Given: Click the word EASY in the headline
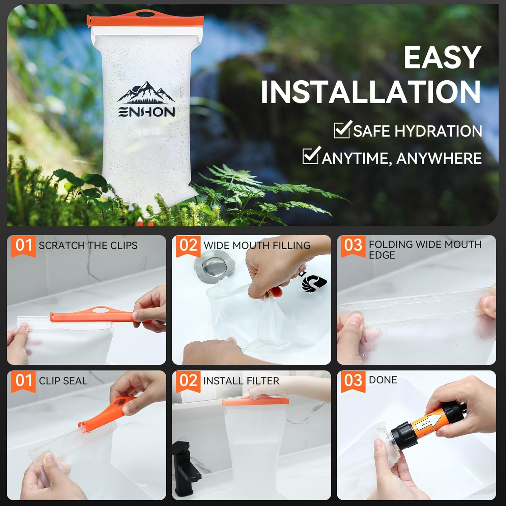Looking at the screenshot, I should point(442,58).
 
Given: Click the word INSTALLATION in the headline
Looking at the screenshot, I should point(371,92).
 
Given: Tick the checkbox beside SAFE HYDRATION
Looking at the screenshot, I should point(342,130).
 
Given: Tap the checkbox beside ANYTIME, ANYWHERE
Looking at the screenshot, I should point(310,156).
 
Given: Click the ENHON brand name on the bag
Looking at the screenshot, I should point(147,112).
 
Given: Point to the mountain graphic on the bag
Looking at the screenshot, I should point(146,92).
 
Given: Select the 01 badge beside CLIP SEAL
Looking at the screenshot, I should point(23,381).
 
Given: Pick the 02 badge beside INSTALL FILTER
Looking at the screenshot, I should point(188,381).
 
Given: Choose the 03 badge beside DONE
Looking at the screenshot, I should point(353,381).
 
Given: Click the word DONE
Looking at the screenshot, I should point(383,380).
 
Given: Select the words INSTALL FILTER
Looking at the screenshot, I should point(241,381).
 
